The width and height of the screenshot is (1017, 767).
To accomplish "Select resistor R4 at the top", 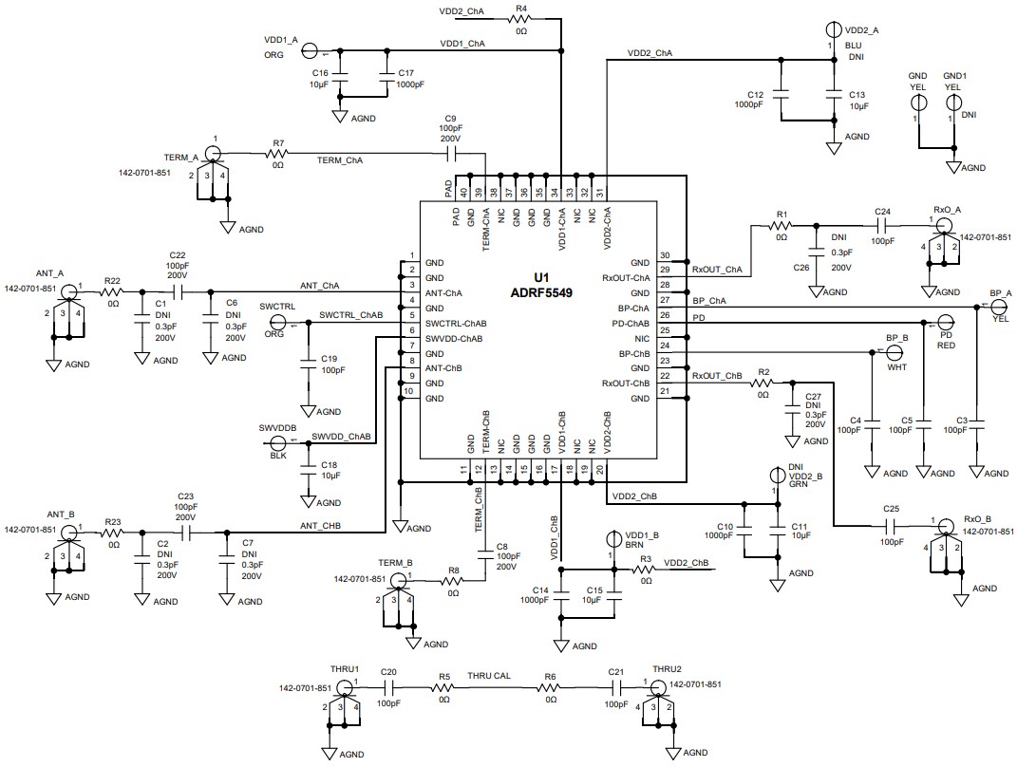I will pos(520,19).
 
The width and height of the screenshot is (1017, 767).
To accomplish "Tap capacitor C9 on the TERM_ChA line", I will pos(450,152).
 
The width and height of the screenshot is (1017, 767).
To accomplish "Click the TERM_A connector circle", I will pos(215,154).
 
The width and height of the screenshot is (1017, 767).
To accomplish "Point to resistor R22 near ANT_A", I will pos(113,290).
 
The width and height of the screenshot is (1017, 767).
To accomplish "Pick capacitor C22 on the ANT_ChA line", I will pos(177,290).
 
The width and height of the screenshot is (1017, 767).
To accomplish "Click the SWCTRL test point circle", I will pos(280,325).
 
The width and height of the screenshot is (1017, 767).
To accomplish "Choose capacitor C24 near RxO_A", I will pos(882,226).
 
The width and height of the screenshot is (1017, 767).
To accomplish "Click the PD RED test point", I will pos(946,324).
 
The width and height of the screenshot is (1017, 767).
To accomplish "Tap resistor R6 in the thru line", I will pos(550,687).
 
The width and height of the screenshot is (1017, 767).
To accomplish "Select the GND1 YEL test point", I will pos(952,103).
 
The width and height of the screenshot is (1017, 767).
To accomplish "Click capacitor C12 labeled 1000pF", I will pos(782,95).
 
